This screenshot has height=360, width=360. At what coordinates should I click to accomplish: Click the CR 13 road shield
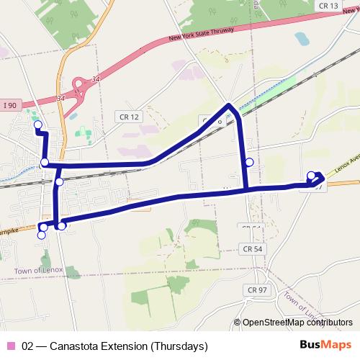click(x=328, y=5)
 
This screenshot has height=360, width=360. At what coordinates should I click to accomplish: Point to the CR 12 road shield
click(x=125, y=116)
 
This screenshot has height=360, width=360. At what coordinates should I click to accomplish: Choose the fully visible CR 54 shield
click(x=249, y=248)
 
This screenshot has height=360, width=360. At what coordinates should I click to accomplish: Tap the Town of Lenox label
click(x=38, y=270)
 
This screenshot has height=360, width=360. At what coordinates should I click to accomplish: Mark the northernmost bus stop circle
click(x=37, y=124)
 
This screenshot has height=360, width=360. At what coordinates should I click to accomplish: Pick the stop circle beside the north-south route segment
click(x=249, y=162)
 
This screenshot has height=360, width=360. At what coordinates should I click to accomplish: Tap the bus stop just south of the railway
click(x=59, y=182)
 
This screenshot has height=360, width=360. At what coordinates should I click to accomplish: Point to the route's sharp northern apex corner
click(x=230, y=106)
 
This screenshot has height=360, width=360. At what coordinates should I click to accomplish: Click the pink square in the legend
click(x=10, y=346)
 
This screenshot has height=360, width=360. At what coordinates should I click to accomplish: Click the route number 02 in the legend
click(x=28, y=346)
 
